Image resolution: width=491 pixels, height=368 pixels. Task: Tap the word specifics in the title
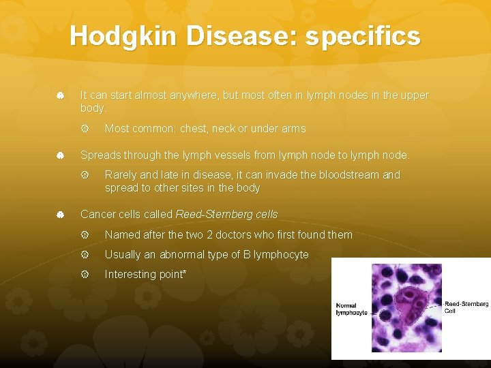coord(363,36)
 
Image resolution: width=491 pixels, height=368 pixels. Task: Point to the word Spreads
coord(100,155)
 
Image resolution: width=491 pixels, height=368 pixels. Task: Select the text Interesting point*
coord(145,274)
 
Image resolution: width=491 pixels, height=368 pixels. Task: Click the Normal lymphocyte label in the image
coord(351,309)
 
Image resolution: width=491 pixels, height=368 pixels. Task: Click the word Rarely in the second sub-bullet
coord(120,174)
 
